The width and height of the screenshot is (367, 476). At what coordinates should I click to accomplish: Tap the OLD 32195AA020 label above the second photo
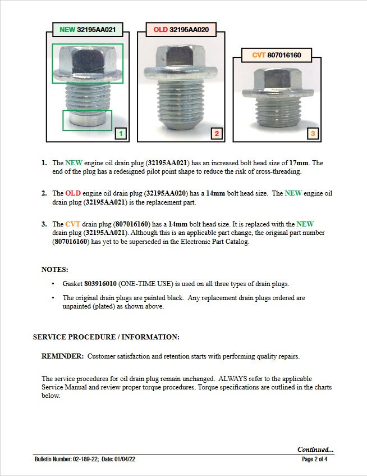tap(180, 29)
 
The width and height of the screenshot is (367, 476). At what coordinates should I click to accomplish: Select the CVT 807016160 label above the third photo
tap(276, 55)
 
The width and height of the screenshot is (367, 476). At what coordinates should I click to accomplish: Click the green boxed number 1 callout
tap(121, 134)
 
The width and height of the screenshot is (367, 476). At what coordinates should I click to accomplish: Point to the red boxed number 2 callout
tap(217, 134)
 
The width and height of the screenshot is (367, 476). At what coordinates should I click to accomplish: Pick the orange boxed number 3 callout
tap(313, 134)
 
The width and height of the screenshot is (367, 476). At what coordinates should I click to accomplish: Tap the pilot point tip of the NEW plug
tap(87, 119)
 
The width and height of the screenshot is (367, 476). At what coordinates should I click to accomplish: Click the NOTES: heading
tap(55, 269)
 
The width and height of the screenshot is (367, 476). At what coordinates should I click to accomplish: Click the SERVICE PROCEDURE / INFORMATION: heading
tap(106, 337)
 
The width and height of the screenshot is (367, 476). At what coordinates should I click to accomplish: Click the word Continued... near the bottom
tap(315, 450)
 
